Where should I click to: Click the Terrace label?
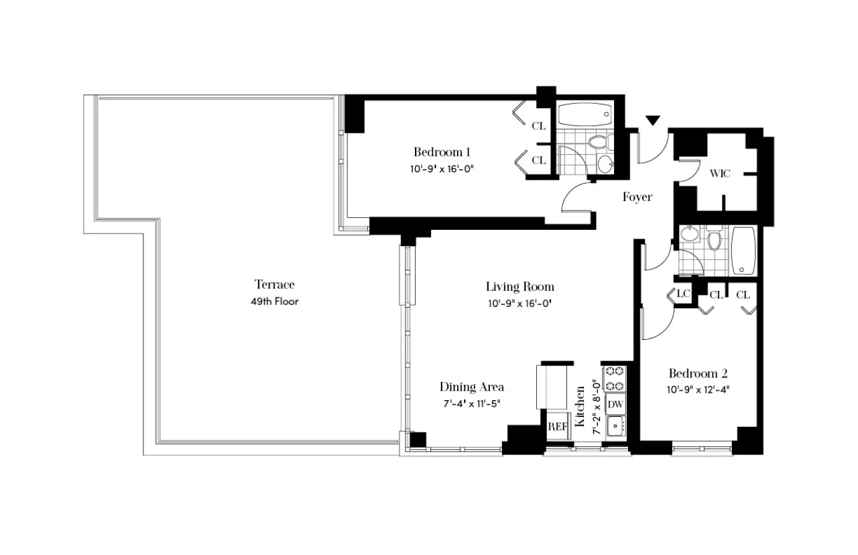274,284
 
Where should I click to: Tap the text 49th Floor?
274,302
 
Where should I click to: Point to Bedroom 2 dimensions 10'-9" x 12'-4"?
698,389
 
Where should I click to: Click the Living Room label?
520,287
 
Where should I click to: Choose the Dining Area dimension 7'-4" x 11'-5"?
471,404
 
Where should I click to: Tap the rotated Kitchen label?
580,402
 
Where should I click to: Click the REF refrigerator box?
557,426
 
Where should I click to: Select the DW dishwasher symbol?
615,404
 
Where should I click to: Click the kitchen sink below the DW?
615,426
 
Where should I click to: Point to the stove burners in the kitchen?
615,378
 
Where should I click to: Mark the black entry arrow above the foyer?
653,121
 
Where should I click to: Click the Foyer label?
637,197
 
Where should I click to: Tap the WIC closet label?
720,174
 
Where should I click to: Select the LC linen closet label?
683,294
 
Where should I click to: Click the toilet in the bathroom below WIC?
714,239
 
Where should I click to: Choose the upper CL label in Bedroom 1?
538,126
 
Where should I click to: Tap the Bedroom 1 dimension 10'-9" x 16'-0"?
442,169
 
